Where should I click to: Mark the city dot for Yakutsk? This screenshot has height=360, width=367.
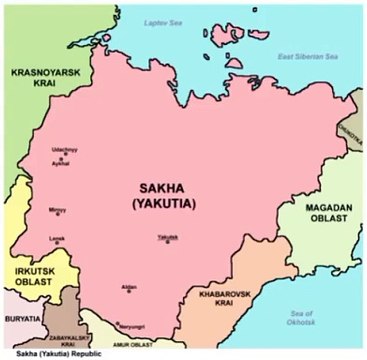point(166,241)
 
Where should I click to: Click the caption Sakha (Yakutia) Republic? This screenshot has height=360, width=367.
point(49,354)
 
